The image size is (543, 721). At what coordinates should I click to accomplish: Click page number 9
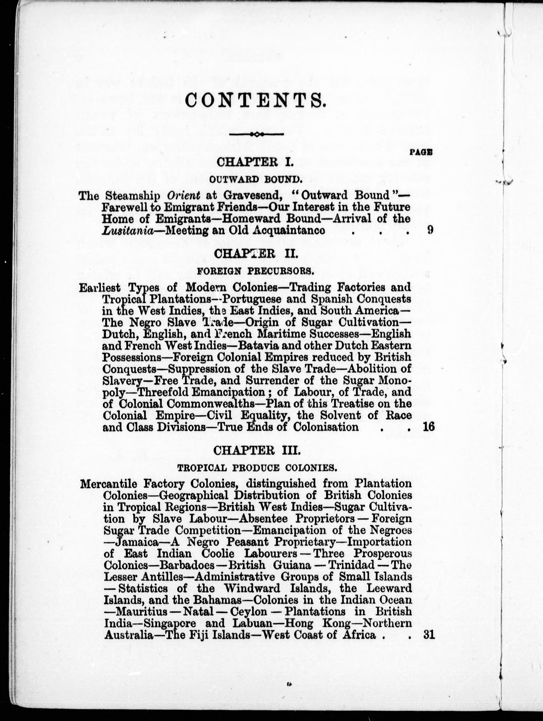(x=430, y=230)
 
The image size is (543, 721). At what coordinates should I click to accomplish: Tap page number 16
(x=429, y=427)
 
